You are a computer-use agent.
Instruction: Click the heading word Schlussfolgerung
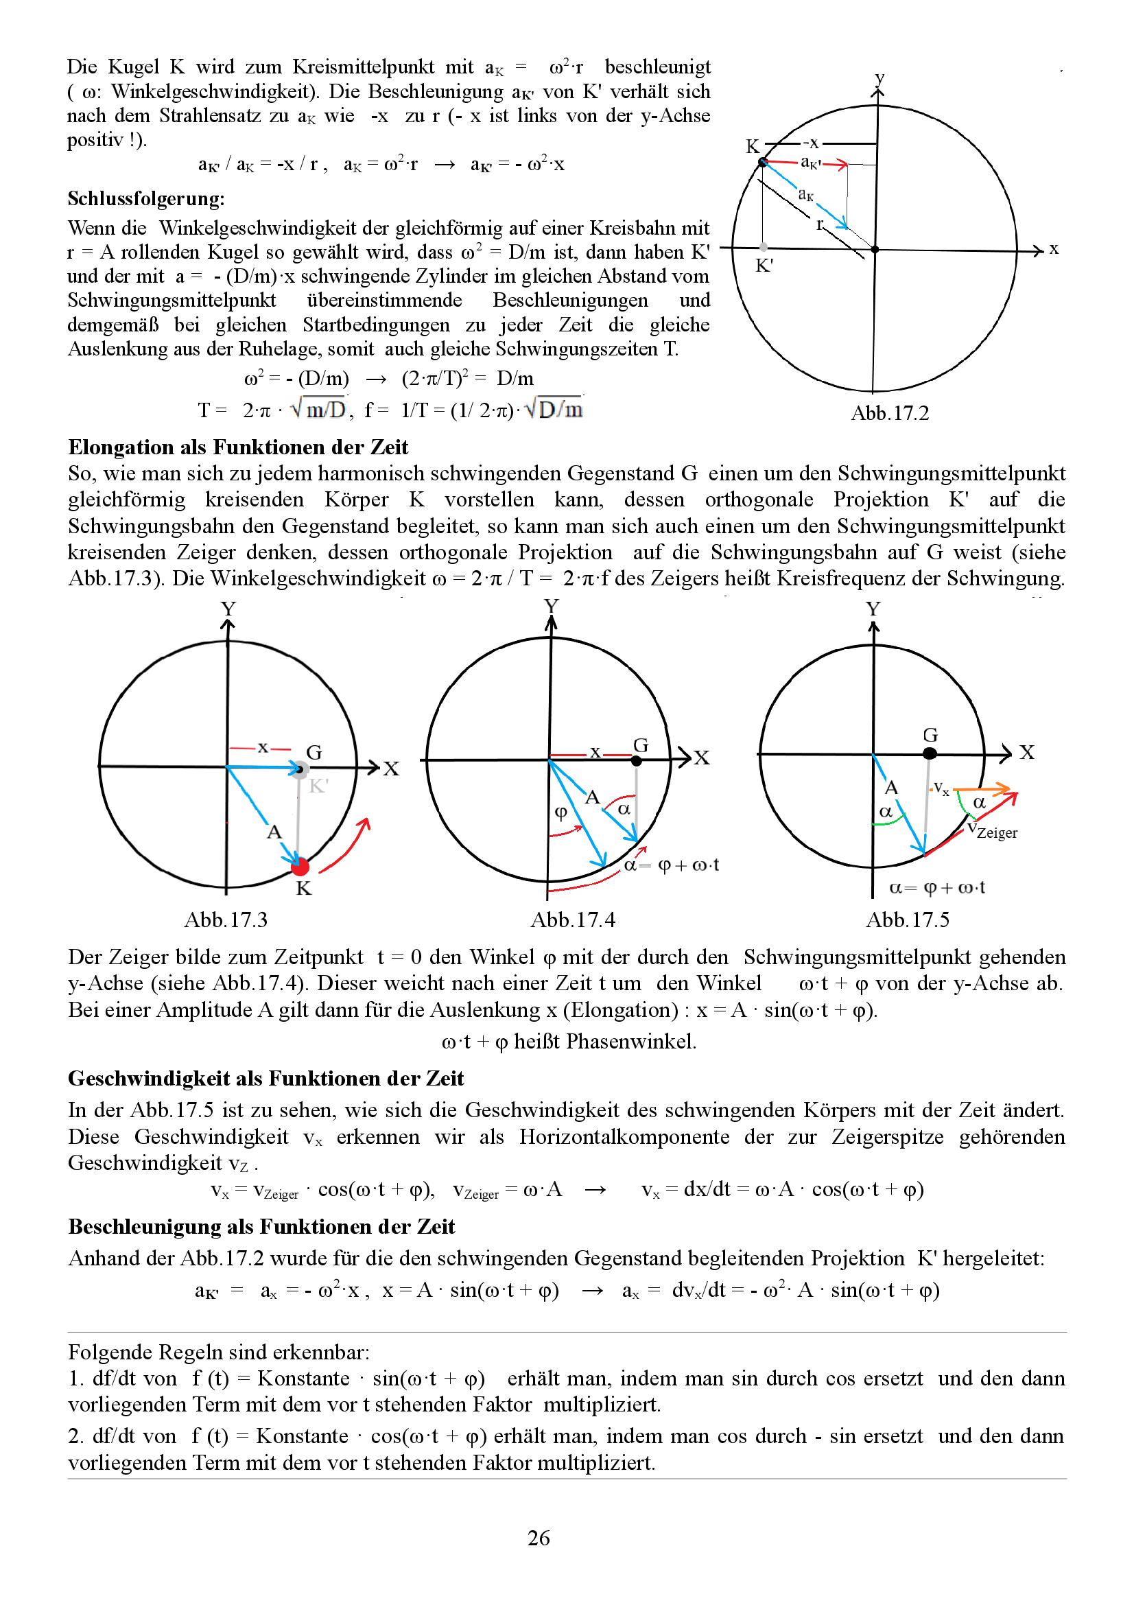tap(146, 199)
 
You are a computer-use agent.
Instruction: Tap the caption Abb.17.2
tap(890, 413)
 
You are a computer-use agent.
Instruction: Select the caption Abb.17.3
tap(226, 919)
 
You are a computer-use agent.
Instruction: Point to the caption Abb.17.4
tap(572, 919)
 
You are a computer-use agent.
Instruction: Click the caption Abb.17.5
tap(907, 919)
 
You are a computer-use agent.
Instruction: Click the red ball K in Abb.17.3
tap(300, 867)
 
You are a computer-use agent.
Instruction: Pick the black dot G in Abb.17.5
tap(930, 753)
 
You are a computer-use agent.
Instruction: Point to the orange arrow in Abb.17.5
tap(983, 789)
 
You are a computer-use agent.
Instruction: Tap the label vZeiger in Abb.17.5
tap(992, 830)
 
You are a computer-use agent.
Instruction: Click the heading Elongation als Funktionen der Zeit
tap(238, 447)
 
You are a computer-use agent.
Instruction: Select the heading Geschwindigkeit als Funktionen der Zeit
tap(265, 1078)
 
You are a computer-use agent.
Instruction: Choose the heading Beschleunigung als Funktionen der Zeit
tap(261, 1226)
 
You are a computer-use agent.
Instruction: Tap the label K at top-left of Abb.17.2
tap(752, 146)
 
